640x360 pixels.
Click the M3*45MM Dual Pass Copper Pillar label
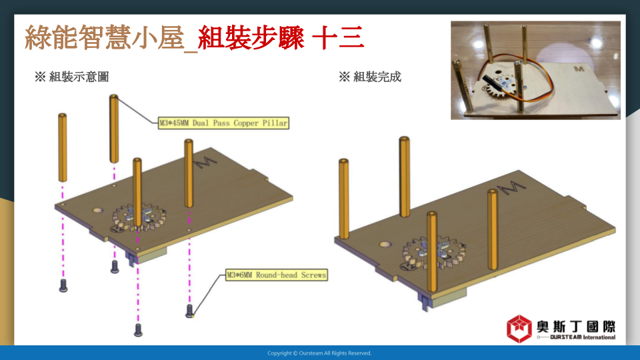(223, 123)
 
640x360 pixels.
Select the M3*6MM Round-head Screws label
(276, 275)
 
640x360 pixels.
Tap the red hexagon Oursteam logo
(519, 329)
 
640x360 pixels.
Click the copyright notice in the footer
(319, 353)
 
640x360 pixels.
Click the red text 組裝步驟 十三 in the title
(281, 37)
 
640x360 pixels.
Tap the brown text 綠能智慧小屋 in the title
(104, 37)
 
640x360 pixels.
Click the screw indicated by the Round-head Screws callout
(189, 311)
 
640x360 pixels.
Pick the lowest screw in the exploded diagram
(139, 330)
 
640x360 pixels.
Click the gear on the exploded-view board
(139, 219)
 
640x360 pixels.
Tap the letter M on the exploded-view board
(205, 162)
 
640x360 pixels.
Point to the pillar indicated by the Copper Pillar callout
(114, 129)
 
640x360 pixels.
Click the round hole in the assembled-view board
(385, 245)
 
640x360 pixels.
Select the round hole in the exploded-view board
(97, 211)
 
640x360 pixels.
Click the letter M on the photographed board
(579, 69)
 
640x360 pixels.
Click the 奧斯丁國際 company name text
(576, 327)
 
